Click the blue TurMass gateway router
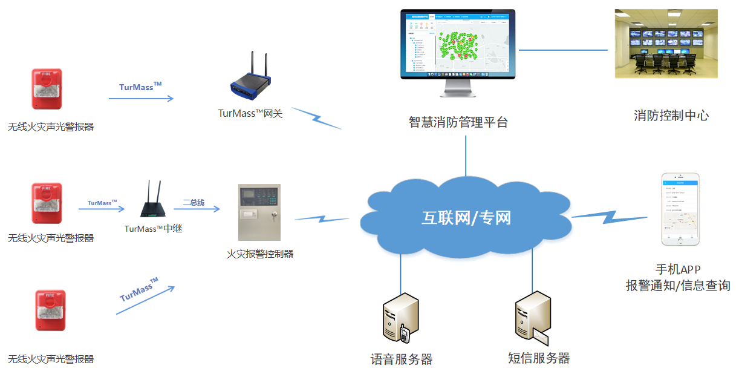pos(250,85)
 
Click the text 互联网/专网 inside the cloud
pos(466,218)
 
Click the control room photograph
pos(666,44)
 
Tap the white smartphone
pos(680,209)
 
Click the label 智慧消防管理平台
pos(458,122)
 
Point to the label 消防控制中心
pos(671,116)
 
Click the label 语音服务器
pos(402,359)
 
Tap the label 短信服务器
pos(539,358)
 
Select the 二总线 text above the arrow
pos(194,203)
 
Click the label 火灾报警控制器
pos(260,254)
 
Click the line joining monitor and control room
pos(562,50)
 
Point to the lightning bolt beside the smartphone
pos(611,214)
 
